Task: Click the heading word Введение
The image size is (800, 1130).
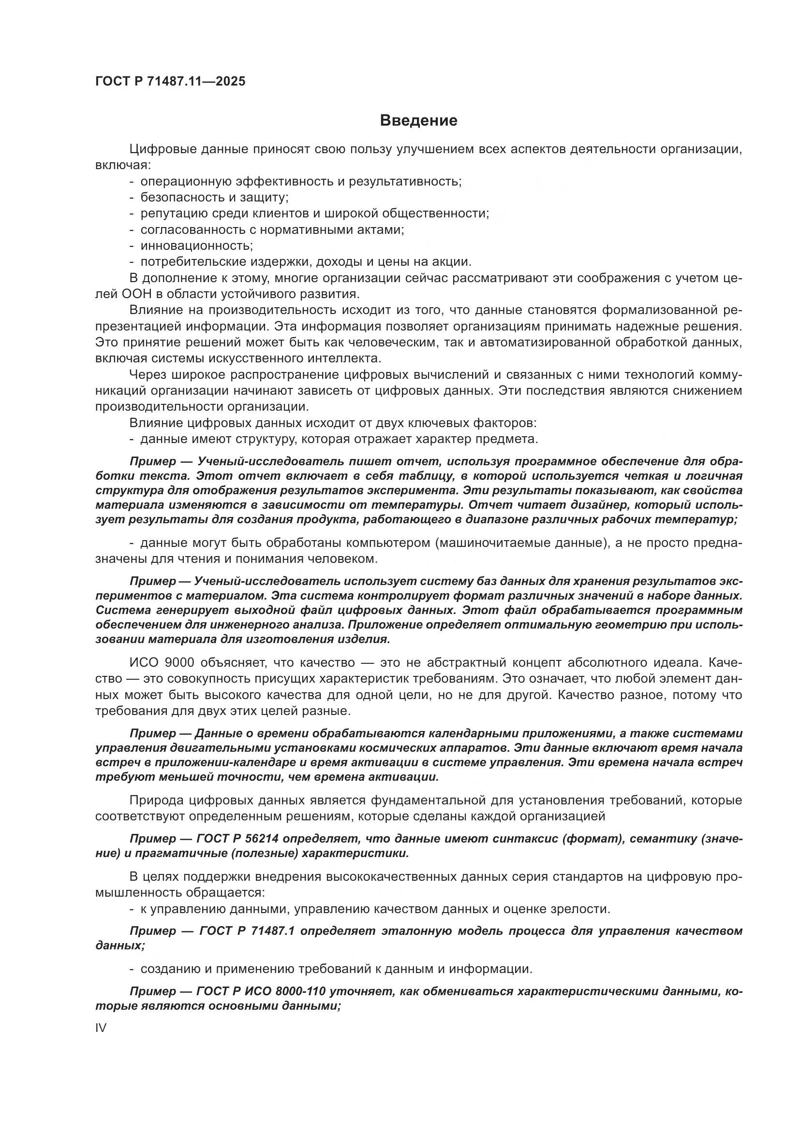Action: (419, 121)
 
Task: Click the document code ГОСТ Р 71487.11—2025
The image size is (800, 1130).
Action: (170, 82)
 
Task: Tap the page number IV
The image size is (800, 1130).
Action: (101, 1028)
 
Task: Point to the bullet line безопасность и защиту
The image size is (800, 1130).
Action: (214, 198)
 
